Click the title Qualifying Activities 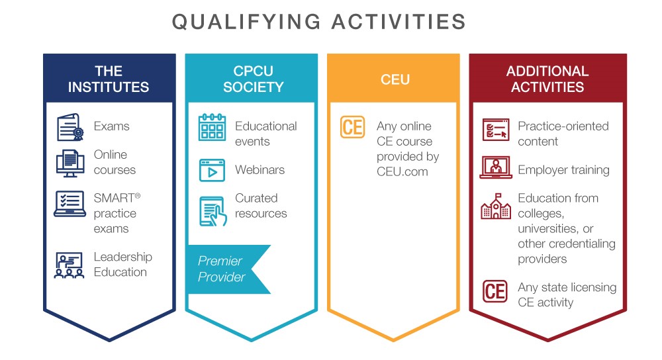coord(319,22)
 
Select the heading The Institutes coord(109,79)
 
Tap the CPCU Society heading coord(254,79)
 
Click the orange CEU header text coord(395,79)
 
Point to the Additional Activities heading coord(547,79)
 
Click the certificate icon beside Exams coord(70,127)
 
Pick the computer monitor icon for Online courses coord(70,163)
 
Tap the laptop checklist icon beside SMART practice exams coord(70,204)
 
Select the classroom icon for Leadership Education coord(70,265)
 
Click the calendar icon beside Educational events coord(212,127)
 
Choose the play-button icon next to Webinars coord(212,170)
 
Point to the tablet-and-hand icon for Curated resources coord(213,212)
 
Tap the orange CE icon coord(353,127)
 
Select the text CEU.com coord(402,172)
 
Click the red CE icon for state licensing coord(495,291)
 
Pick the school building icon coord(496,206)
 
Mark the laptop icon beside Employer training coord(496,167)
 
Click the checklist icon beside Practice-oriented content coord(496,130)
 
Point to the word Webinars coord(260,169)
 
